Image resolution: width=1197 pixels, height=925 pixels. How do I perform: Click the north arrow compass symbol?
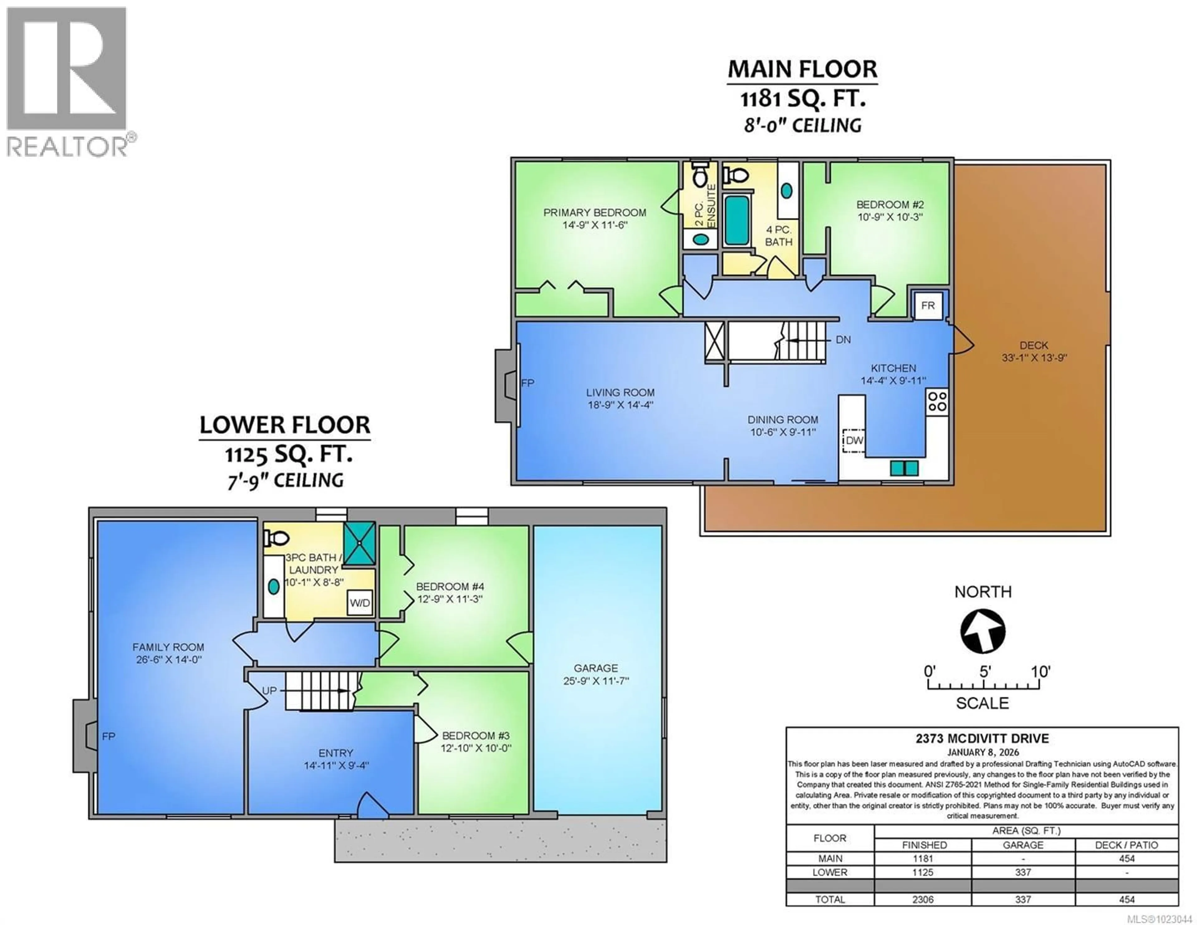tap(983, 631)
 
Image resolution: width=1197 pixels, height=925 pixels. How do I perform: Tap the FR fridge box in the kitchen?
tap(928, 306)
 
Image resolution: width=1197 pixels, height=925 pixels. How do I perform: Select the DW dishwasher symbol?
tap(854, 440)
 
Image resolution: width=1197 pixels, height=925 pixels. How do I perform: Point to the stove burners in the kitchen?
tap(937, 401)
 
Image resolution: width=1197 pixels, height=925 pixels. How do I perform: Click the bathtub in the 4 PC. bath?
tap(737, 219)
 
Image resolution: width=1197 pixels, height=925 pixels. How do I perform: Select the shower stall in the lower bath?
tap(359, 543)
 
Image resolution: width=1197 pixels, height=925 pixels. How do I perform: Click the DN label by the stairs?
tap(843, 340)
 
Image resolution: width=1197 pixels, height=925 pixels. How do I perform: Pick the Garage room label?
tap(596, 668)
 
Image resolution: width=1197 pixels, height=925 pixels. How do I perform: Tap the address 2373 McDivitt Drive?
tap(982, 739)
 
